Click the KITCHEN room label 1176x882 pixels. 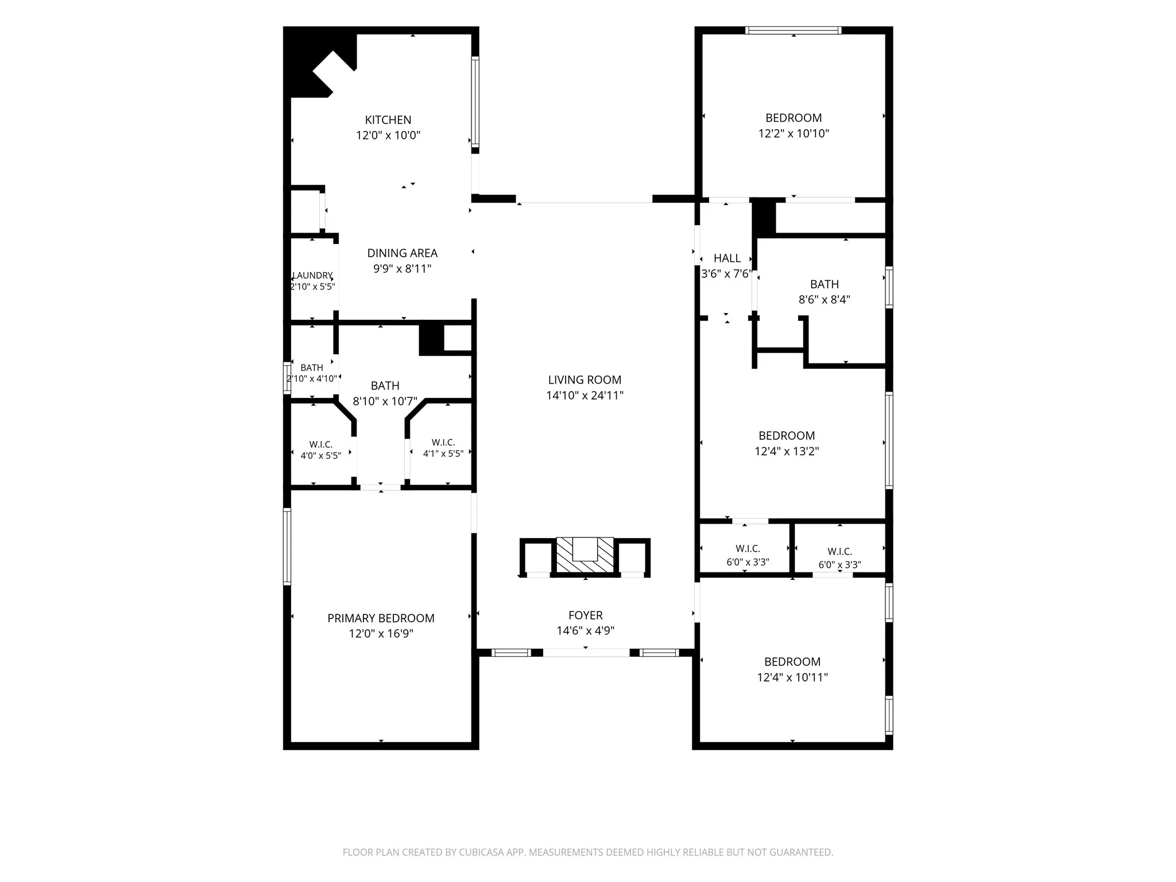point(388,120)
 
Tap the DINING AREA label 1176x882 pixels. point(403,253)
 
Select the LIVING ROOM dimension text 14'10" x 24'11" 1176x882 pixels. point(585,395)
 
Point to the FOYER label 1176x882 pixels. point(586,615)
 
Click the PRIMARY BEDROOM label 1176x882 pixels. point(381,618)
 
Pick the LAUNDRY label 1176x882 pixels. point(312,276)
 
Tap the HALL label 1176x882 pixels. point(727,258)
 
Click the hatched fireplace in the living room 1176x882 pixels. point(585,555)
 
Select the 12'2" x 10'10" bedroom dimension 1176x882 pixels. point(794,133)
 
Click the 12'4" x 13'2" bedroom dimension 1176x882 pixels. point(787,451)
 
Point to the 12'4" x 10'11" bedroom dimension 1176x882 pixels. point(792,678)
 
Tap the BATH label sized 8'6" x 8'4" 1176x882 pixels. point(825,284)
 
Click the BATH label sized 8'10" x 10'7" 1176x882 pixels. point(385,386)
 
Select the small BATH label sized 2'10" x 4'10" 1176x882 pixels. point(312,367)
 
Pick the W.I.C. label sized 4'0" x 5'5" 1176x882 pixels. point(321,444)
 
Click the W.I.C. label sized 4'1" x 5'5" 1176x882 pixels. point(443,442)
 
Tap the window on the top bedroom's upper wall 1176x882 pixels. point(794,30)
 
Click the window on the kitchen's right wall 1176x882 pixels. point(475,102)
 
